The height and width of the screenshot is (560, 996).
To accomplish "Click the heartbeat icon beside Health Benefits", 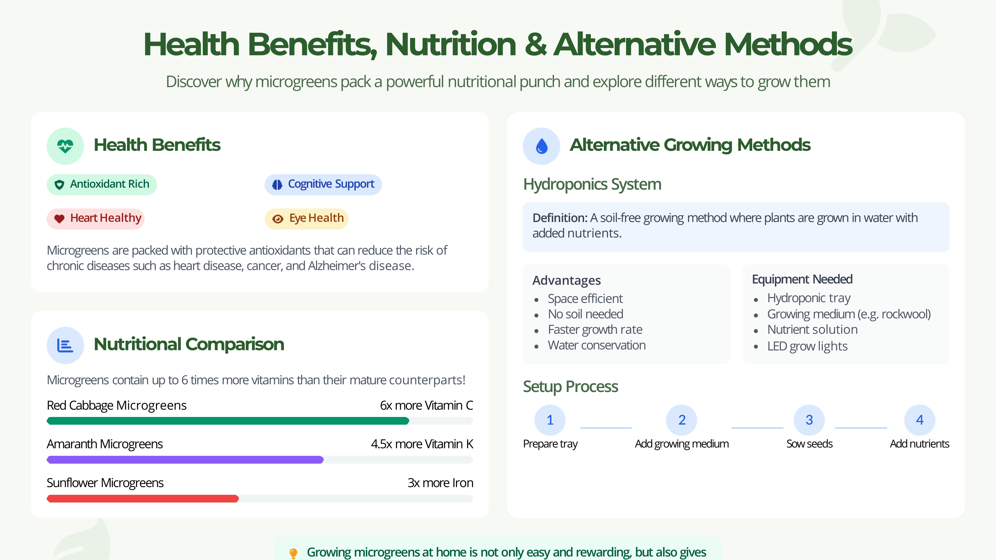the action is (65, 146).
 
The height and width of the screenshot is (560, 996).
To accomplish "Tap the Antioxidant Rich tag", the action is (102, 184).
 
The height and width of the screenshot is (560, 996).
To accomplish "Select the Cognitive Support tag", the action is (323, 184).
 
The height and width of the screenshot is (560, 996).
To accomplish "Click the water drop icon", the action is (541, 146).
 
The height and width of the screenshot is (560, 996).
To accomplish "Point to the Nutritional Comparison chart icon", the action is (65, 345).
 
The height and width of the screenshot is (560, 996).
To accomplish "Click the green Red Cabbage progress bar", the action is (228, 421).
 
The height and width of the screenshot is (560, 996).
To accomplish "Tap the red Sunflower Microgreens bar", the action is (143, 499).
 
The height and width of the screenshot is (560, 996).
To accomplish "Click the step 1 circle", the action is (550, 420).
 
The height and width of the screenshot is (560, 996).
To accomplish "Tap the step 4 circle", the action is (920, 420).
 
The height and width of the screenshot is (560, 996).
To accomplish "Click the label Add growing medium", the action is (682, 444).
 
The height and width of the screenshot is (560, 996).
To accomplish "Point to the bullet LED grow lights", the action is (807, 346).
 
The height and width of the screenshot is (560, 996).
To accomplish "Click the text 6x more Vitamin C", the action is (427, 405).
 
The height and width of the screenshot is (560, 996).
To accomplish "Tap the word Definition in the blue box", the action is (560, 218).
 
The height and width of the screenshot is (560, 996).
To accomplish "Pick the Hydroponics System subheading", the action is (592, 185).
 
